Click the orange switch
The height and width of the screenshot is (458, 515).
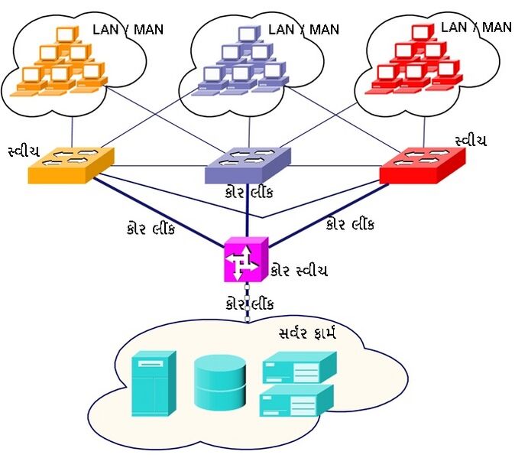(x=70, y=164)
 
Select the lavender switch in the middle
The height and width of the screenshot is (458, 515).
(x=248, y=164)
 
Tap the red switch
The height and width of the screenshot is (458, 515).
(x=422, y=164)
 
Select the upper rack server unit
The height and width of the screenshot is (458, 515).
(x=299, y=369)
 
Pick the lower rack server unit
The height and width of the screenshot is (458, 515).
(x=297, y=400)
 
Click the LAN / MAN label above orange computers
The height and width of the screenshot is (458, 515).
(x=128, y=30)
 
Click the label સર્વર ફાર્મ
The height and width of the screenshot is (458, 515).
(x=307, y=333)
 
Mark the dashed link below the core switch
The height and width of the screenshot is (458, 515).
(x=247, y=302)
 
